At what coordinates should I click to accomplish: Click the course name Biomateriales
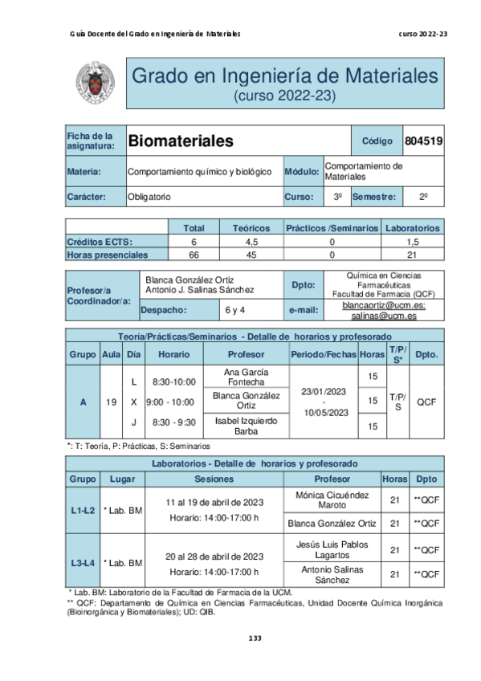tap(181, 141)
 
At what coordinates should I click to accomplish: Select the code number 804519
tap(423, 141)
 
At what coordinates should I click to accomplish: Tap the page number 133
tap(255, 638)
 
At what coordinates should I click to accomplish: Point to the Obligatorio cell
tap(149, 197)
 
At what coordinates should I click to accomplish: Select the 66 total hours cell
tap(194, 255)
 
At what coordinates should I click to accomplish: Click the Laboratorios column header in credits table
tap(412, 228)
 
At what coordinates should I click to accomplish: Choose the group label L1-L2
tap(83, 510)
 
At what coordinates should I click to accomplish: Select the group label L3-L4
tap(83, 562)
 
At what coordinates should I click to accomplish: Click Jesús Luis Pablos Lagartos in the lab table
tap(332, 549)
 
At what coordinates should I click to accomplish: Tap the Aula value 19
tap(111, 402)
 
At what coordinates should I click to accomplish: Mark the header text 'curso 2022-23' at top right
tap(422, 34)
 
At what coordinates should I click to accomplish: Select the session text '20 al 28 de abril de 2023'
tap(214, 556)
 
